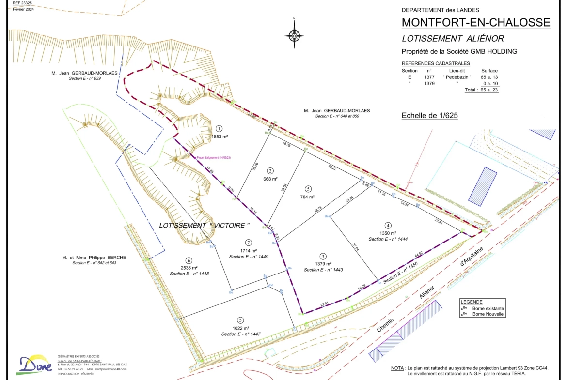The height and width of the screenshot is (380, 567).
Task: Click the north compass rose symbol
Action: click(294, 35)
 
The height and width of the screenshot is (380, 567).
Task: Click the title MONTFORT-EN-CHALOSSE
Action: click(476, 22)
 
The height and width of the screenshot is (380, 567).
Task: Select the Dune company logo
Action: click(35, 365)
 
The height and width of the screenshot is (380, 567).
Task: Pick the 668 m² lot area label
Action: click(270, 179)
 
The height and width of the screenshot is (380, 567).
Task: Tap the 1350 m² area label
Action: click(388, 233)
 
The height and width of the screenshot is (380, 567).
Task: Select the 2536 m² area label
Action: click(189, 268)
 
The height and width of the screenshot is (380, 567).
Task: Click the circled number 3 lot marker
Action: click(323, 256)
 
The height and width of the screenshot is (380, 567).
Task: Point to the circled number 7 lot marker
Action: click(248, 242)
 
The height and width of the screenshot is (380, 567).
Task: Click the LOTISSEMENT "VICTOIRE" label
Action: click(204, 225)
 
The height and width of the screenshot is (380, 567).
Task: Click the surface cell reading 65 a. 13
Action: click(489, 77)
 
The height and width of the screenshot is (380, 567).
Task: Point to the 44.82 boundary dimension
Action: click(419, 253)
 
